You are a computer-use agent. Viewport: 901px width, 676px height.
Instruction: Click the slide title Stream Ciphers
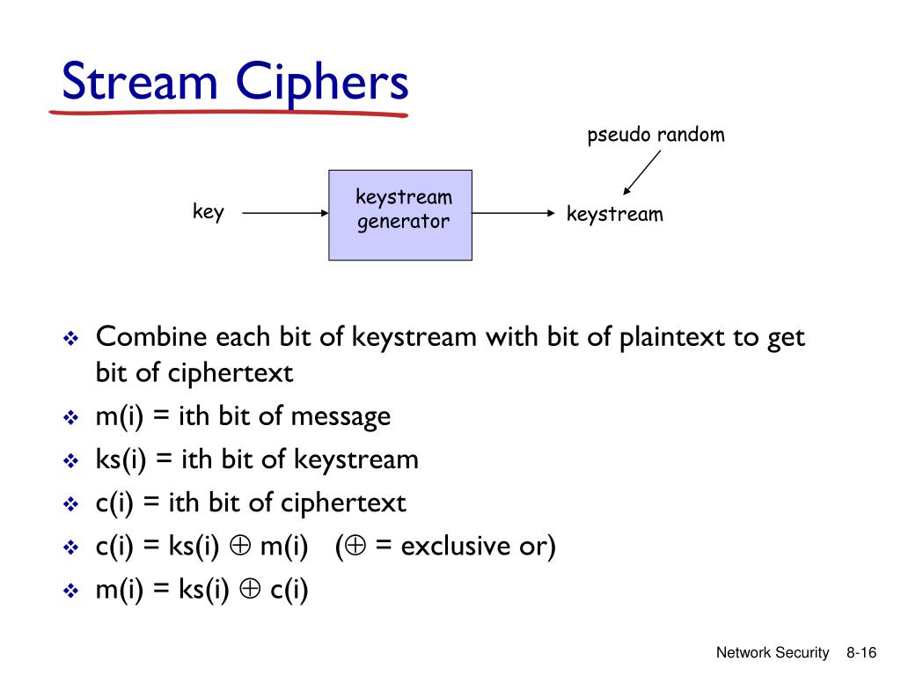pos(235,84)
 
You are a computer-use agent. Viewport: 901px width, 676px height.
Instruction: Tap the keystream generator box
pos(400,215)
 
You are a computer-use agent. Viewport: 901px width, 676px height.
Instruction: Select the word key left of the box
pos(209,212)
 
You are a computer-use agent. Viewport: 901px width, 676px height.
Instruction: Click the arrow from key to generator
pos(284,213)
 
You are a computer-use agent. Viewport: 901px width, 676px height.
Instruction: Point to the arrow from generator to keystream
pos(515,213)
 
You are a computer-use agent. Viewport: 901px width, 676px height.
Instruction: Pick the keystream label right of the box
pos(614,214)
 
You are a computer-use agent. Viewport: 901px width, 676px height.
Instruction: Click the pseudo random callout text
pos(656,135)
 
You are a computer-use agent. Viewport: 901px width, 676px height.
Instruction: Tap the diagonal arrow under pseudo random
pos(641,173)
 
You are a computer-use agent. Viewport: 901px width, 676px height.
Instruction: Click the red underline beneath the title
pos(229,113)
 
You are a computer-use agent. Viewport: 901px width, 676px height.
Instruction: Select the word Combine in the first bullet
pos(151,336)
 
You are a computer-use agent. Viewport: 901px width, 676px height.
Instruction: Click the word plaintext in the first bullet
pos(670,336)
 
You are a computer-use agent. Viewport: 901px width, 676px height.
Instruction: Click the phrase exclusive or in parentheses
pos(474,547)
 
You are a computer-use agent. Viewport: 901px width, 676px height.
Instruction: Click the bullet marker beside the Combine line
pos(71,338)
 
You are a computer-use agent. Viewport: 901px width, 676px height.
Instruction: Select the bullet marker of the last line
pos(71,592)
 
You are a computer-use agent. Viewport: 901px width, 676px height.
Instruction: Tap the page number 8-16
pos(861,652)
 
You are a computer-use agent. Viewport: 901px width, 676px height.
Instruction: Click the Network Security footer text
pos(772,652)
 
